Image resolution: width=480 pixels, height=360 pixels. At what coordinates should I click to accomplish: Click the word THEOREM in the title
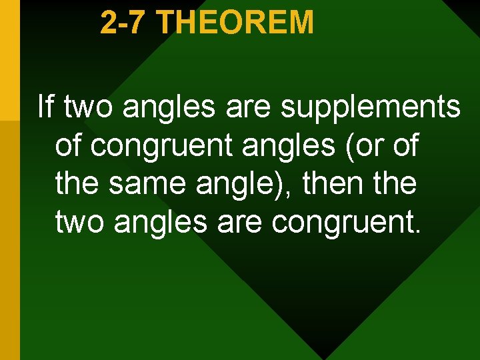(237, 22)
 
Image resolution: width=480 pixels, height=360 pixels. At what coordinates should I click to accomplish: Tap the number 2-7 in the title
(127, 22)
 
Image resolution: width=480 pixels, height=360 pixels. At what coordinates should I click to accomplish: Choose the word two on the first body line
(88, 107)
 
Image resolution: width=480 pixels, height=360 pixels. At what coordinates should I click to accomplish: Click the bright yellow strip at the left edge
(9, 60)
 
